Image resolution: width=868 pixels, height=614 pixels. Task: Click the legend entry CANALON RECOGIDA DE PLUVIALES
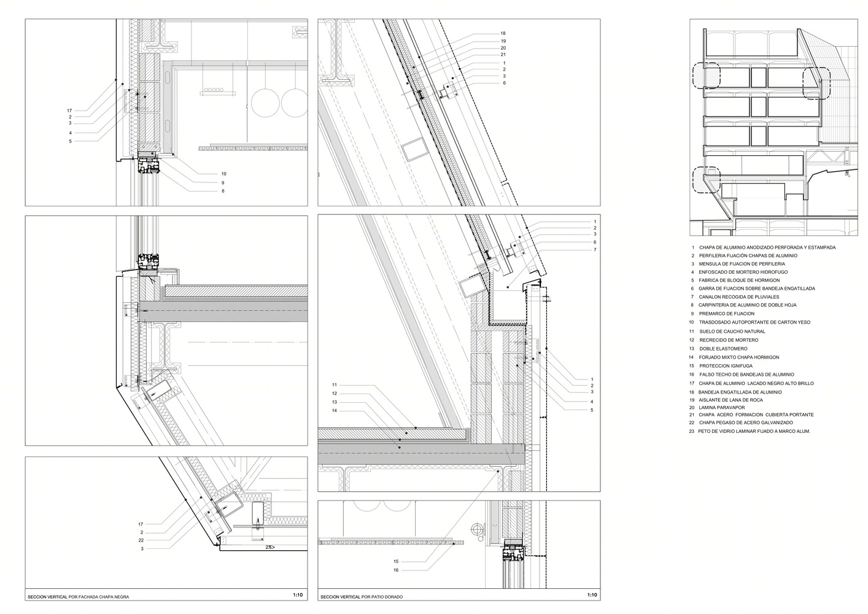pos(738,297)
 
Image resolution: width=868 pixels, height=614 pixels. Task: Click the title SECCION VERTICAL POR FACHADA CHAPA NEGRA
pos(79,597)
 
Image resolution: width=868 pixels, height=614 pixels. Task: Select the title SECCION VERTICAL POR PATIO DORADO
pos(362,597)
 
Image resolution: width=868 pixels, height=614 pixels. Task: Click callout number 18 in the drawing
pos(503,33)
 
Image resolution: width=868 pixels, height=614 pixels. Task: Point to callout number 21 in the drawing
pos(503,55)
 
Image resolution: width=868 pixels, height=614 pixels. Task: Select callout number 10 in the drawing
pos(223,174)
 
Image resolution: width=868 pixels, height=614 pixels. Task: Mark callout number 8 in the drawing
pos(223,191)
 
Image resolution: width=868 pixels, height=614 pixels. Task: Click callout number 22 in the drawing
pos(141,540)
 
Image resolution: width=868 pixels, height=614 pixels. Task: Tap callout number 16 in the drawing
pos(396,570)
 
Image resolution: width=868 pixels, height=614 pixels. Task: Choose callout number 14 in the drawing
pos(335,411)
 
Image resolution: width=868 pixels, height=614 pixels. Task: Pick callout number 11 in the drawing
pos(335,385)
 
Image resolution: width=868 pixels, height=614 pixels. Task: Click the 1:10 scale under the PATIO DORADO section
pos(592,594)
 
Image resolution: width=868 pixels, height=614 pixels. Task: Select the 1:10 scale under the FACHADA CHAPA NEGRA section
pos(298,594)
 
